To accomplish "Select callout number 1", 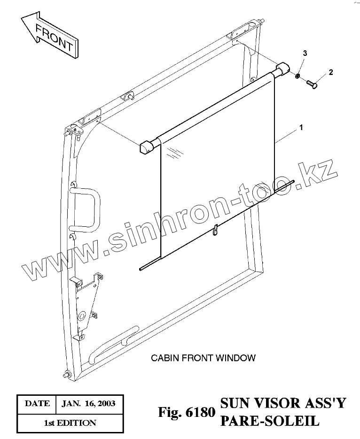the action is tap(301, 127).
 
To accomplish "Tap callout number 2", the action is tap(331, 72).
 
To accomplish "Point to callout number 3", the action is tap(305, 53).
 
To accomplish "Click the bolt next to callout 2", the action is tap(312, 84).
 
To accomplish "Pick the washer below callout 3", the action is tap(298, 75).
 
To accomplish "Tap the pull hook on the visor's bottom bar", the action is tap(215, 230).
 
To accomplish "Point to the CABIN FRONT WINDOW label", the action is tap(203, 358).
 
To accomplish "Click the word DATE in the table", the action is tap(37, 403).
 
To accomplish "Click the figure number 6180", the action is tap(200, 412).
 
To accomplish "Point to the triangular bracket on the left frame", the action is tap(88, 303).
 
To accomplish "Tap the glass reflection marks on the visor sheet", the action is tap(175, 151).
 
